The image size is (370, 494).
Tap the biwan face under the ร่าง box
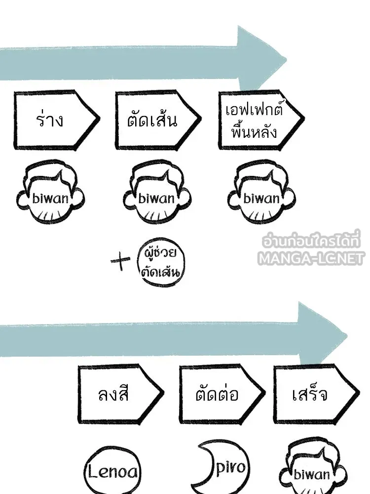pyautogui.click(x=50, y=192)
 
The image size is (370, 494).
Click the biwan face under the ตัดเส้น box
pyautogui.click(x=157, y=192)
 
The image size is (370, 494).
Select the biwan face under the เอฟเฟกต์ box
pyautogui.click(x=261, y=192)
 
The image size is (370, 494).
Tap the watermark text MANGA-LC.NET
pyautogui.click(x=310, y=258)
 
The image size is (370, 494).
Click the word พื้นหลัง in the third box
pyautogui.click(x=254, y=132)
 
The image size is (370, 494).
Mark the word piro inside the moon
pyautogui.click(x=231, y=467)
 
